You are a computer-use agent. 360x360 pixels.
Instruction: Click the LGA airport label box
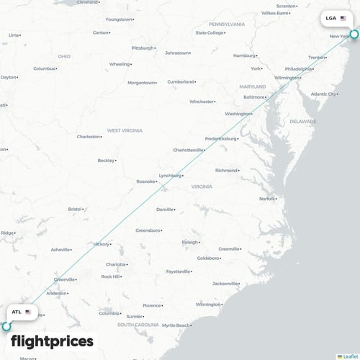pyautogui.click(x=336, y=18)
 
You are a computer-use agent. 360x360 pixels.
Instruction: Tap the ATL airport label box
pyautogui.click(x=22, y=312)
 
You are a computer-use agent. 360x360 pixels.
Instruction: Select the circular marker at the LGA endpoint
pyautogui.click(x=354, y=33)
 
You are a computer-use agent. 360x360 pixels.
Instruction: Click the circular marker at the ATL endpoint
pyautogui.click(x=6, y=326)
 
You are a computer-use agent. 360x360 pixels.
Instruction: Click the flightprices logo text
pyautogui.click(x=52, y=341)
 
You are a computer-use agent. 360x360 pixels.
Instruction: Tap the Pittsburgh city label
pyautogui.click(x=143, y=48)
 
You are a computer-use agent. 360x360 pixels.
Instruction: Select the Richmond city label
pyautogui.click(x=225, y=171)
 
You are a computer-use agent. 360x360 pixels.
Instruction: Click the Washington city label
pyautogui.click(x=237, y=114)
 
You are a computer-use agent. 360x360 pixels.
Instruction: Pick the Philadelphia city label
pyautogui.click(x=297, y=69)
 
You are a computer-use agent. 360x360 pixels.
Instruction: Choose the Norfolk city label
pyautogui.click(x=266, y=198)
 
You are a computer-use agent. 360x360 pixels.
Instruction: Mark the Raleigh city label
pyautogui.click(x=189, y=242)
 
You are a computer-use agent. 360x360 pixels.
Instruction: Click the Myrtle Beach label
pyautogui.click(x=174, y=325)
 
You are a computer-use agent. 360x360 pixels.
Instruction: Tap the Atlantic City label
pyautogui.click(x=323, y=94)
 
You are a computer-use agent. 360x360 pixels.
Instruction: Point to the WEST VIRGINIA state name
pyautogui.click(x=125, y=130)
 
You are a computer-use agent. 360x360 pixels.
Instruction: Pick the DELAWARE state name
pyautogui.click(x=302, y=122)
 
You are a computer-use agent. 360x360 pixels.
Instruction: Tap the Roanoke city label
pyautogui.click(x=145, y=181)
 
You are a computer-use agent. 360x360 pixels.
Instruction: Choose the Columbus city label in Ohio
pyautogui.click(x=44, y=68)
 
